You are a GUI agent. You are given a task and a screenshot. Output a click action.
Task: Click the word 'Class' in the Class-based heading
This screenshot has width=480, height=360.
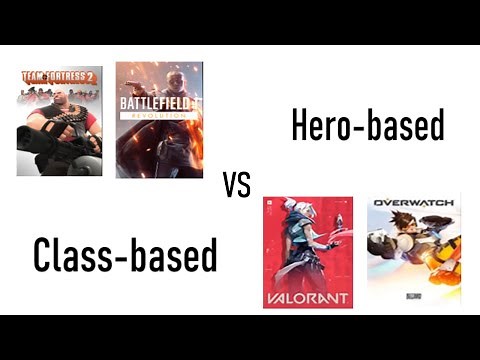click(x=74, y=255)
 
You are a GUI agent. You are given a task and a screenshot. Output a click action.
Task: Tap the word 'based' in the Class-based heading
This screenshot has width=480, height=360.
click(x=174, y=255)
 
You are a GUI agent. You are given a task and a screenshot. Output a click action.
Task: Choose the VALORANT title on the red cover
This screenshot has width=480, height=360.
click(x=307, y=296)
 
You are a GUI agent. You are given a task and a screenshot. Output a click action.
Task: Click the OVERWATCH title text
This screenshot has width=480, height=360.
click(x=413, y=203)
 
